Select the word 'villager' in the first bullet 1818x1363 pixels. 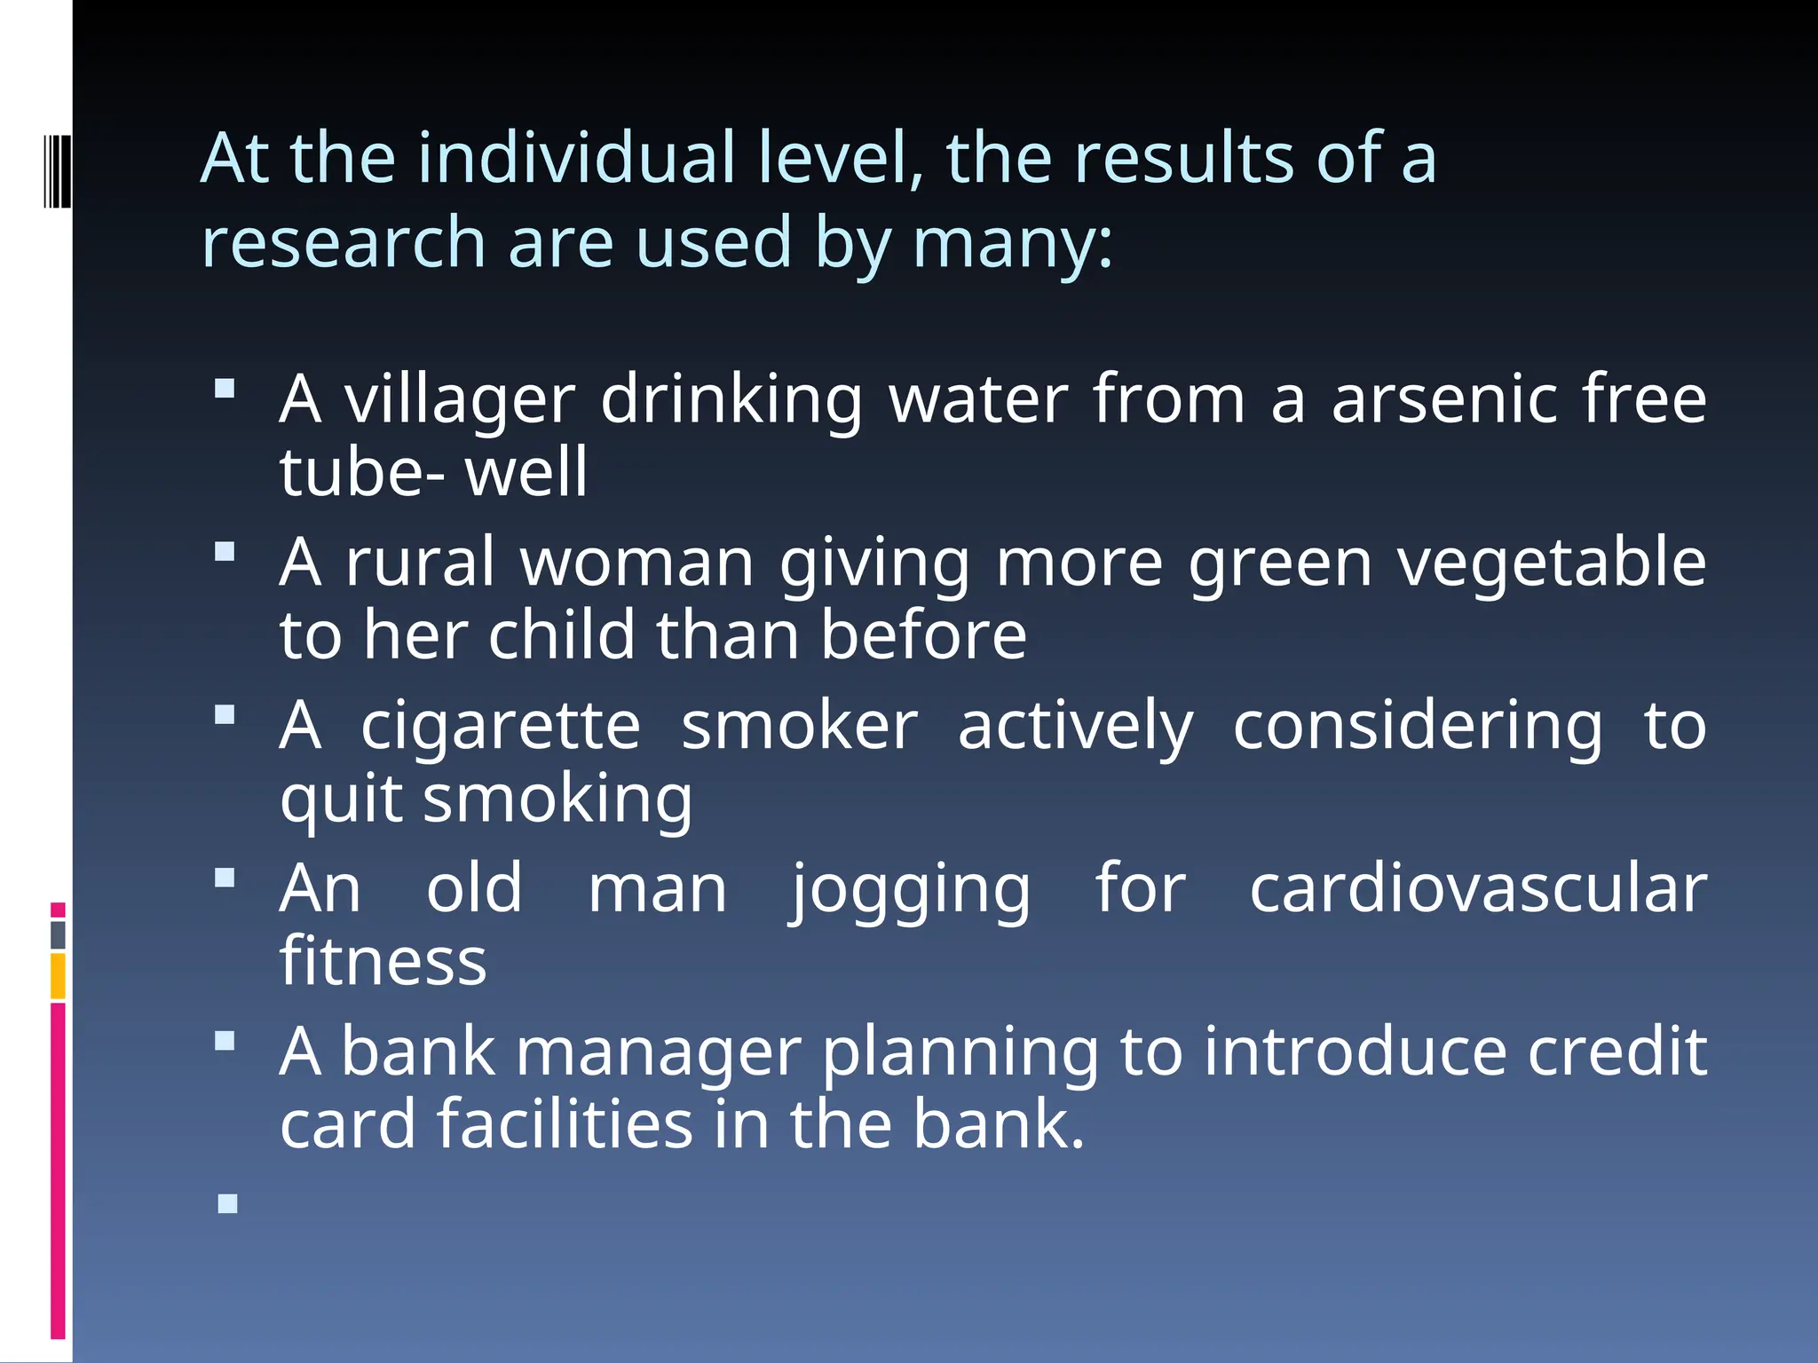coord(460,400)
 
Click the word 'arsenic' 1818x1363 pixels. coord(1444,400)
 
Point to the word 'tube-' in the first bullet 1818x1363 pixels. coord(362,472)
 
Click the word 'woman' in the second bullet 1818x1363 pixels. coord(637,563)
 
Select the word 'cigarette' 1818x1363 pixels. coord(501,727)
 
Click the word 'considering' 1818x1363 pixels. coord(1418,727)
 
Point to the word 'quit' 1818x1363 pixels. coord(341,800)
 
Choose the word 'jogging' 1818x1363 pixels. coord(911,890)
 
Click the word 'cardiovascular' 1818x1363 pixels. coord(1478,890)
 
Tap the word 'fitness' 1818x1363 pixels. coord(383,962)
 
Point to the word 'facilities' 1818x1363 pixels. coord(565,1125)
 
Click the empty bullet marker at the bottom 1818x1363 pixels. coord(227,1204)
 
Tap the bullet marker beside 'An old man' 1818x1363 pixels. coord(225,878)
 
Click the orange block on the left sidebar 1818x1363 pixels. coord(58,976)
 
